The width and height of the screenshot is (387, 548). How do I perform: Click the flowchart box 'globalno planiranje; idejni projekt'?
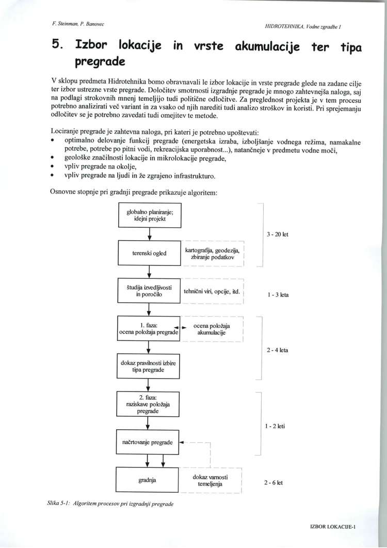coord(149,215)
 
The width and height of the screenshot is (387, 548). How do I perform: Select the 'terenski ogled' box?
coord(149,253)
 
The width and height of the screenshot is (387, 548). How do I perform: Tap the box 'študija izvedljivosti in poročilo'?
coord(149,291)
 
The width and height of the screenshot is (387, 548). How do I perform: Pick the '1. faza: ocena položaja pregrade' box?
coord(149,329)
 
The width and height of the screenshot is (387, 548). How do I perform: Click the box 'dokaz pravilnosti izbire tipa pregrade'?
coord(149,367)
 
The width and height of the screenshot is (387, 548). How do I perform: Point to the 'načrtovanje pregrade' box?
coord(149,443)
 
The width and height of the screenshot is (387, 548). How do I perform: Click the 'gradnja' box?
coord(149,481)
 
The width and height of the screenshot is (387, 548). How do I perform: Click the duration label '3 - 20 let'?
coord(278,234)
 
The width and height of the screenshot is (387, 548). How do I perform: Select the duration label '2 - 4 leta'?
coord(278,350)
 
